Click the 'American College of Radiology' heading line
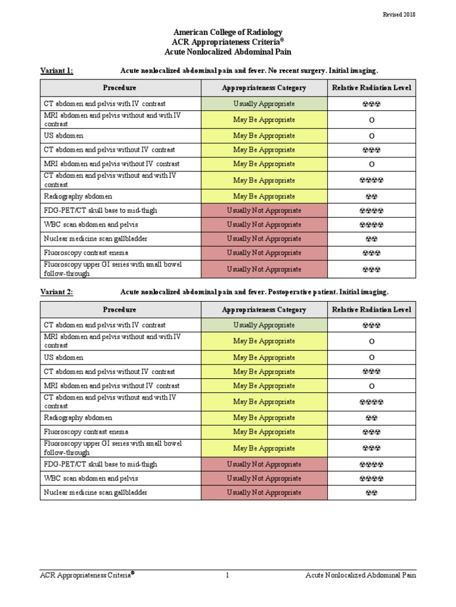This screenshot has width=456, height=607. point(228,32)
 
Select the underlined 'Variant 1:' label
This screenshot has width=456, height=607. point(56,71)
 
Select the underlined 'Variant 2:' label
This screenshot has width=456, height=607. point(56,292)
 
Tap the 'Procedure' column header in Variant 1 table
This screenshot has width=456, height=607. point(119,88)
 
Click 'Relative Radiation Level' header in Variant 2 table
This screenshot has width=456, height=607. point(371,309)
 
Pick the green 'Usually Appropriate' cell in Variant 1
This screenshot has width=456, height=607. point(264,104)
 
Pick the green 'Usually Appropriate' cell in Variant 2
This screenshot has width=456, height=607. point(264,325)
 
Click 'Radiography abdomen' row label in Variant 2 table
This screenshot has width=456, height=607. point(78,418)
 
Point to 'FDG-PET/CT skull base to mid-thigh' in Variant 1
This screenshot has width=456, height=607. point(100,210)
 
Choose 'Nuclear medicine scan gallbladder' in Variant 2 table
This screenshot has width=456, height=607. point(96,492)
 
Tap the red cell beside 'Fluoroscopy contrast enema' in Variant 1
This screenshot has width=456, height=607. point(264,253)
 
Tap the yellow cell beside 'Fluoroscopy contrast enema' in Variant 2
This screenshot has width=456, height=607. point(264,432)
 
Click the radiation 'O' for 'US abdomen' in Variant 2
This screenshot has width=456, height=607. point(371,357)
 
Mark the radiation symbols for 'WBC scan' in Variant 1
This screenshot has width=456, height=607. point(371,225)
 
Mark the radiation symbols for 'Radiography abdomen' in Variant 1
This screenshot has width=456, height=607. point(371,196)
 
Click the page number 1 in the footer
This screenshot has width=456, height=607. point(227,575)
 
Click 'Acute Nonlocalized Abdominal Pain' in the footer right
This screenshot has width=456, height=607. point(361,575)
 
